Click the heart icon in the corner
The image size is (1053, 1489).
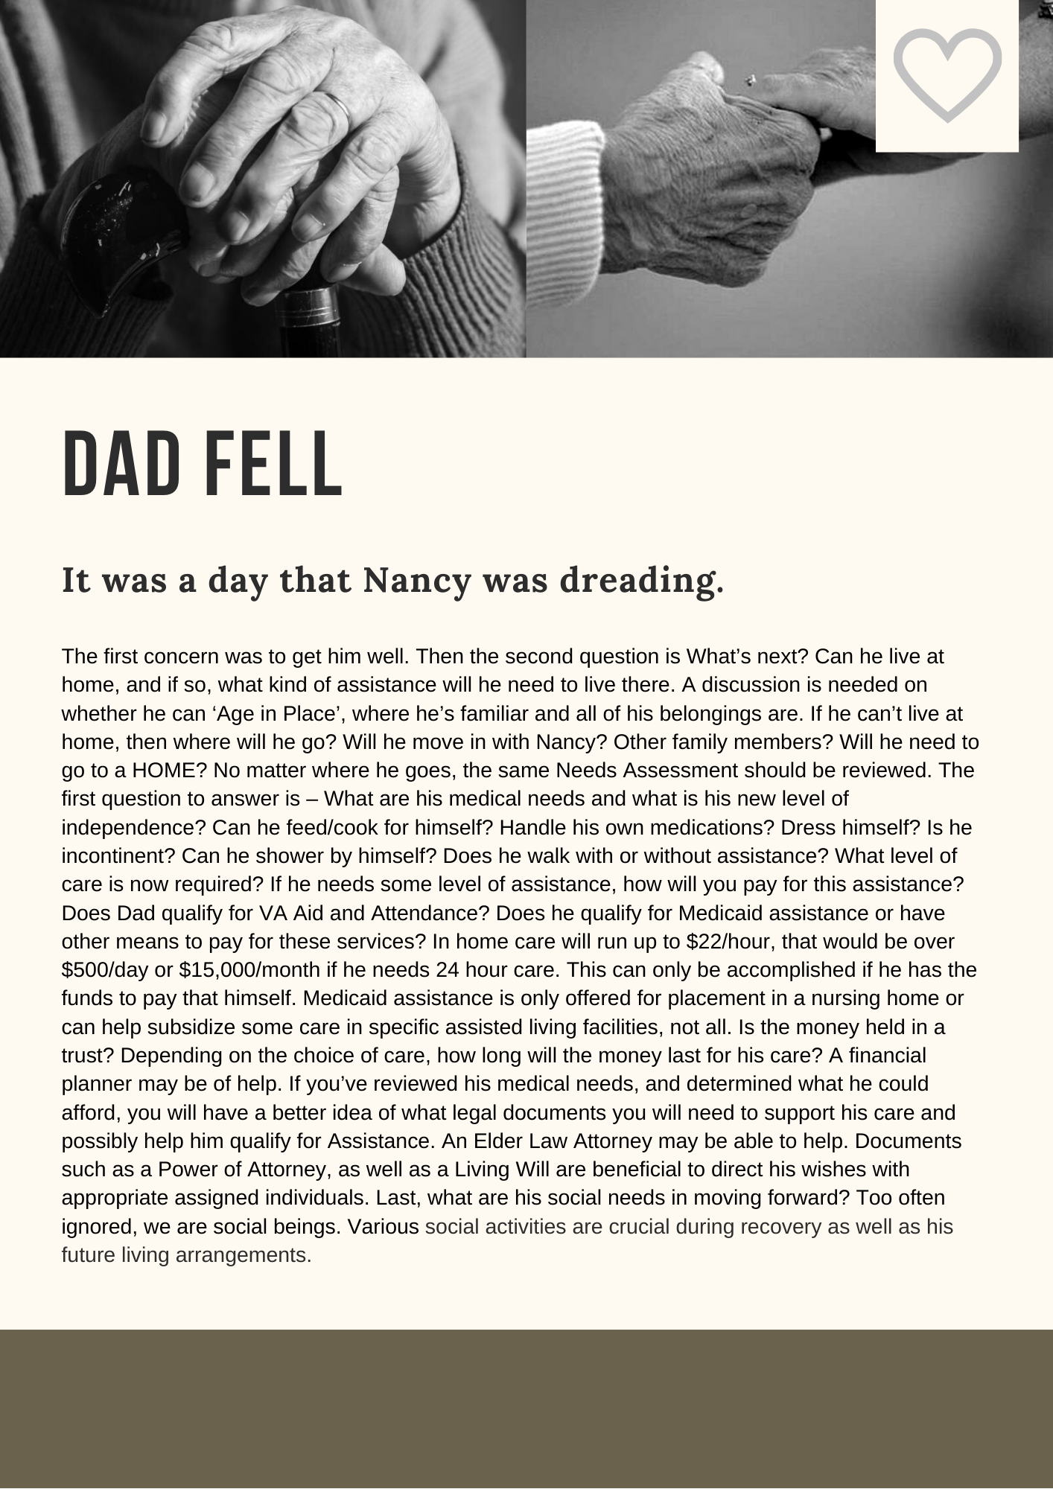947,74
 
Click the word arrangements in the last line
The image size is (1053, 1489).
243,1255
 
